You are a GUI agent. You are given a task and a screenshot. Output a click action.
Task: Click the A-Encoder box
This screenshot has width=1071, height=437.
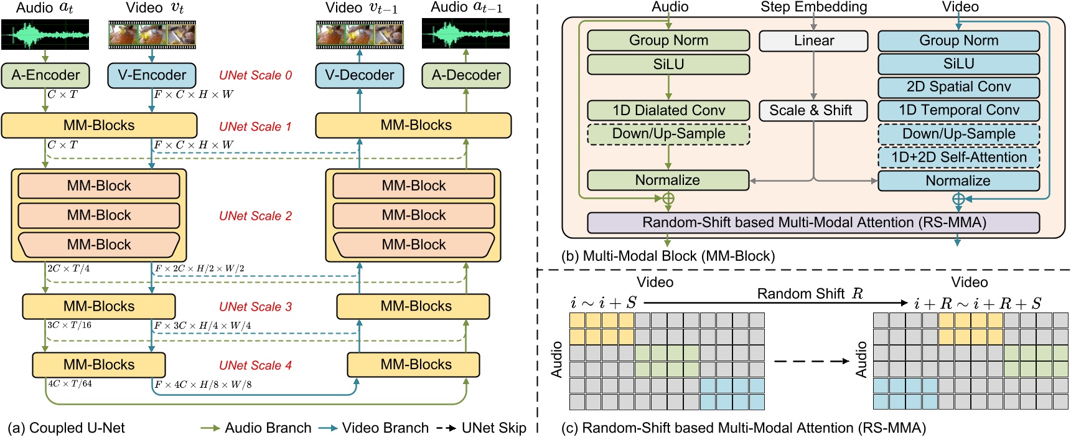[x=45, y=75]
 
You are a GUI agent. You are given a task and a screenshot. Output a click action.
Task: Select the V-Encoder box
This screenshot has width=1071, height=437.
[x=152, y=75]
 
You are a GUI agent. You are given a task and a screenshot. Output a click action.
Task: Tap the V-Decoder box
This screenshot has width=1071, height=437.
[x=359, y=75]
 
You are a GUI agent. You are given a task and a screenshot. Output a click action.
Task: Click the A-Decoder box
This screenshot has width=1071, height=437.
[x=466, y=75]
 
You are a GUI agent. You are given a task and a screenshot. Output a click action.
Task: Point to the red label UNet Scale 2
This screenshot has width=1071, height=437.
[x=255, y=216]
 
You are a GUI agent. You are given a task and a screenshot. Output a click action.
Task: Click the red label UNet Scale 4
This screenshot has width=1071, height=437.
[x=255, y=365]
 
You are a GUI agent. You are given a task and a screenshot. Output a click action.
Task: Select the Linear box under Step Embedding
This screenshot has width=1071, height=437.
[x=813, y=41]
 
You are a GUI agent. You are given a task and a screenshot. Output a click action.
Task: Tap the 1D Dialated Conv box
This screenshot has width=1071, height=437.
[x=668, y=111]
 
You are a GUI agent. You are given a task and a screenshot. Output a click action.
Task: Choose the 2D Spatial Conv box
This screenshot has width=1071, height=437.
[x=958, y=87]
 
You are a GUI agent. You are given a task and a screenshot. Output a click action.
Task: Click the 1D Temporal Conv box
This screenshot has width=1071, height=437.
[x=958, y=111]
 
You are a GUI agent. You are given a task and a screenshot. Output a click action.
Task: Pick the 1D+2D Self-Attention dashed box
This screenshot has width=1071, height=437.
[x=958, y=157]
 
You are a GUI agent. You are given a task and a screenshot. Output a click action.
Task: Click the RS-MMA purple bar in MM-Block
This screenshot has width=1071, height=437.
[x=813, y=223]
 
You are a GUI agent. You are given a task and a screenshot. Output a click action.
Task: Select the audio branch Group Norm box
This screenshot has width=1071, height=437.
[x=668, y=41]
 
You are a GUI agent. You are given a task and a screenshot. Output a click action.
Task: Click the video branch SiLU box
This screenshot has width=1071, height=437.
[x=958, y=64]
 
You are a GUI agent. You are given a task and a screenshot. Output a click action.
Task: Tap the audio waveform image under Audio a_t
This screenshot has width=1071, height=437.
[x=45, y=34]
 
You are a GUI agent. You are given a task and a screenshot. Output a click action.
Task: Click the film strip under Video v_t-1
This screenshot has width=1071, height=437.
[x=360, y=35]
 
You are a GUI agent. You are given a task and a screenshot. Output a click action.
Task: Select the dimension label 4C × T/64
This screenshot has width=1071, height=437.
[x=70, y=384]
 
